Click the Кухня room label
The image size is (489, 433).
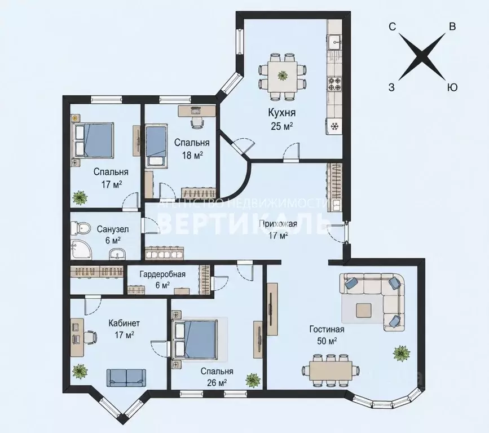(281, 113)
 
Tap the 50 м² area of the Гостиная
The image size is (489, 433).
(327, 341)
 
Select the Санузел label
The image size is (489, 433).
(113, 229)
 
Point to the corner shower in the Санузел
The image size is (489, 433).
(81, 249)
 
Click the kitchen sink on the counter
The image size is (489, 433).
(335, 41)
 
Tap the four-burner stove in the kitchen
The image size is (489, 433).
(334, 84)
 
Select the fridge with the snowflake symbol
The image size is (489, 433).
(334, 126)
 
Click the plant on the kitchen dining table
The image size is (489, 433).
(283, 75)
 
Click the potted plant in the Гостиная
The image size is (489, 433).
(401, 353)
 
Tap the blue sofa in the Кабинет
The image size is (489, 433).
(126, 377)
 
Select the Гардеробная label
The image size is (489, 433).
(162, 275)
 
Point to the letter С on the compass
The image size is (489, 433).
(392, 27)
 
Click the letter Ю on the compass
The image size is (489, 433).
(452, 87)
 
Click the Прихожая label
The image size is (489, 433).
(277, 224)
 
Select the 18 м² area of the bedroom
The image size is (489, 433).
(192, 155)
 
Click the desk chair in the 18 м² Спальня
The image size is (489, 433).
(197, 121)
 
